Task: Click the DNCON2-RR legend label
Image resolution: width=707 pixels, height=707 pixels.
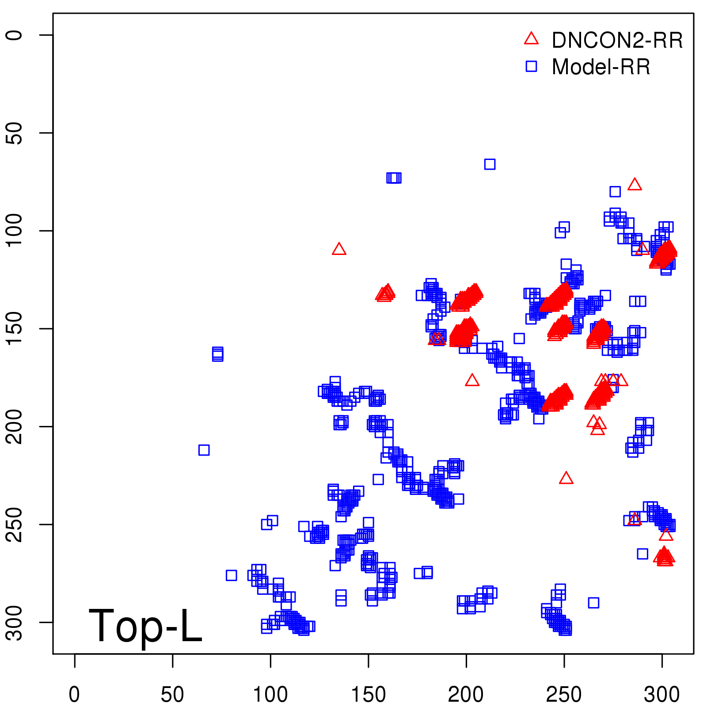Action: pyautogui.click(x=617, y=40)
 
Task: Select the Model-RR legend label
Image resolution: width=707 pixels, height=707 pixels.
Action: pyautogui.click(x=601, y=67)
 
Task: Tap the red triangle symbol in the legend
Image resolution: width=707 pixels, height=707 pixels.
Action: pyautogui.click(x=531, y=39)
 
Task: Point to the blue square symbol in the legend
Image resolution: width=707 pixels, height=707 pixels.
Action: pyautogui.click(x=531, y=66)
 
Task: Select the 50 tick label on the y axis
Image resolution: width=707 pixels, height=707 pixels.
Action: pyautogui.click(x=15, y=133)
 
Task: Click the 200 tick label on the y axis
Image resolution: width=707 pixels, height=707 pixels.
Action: pyautogui.click(x=15, y=426)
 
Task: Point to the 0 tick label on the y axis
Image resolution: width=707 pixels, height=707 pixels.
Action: pyautogui.click(x=15, y=35)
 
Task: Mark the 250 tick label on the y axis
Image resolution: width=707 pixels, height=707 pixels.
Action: pyautogui.click(x=15, y=525)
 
